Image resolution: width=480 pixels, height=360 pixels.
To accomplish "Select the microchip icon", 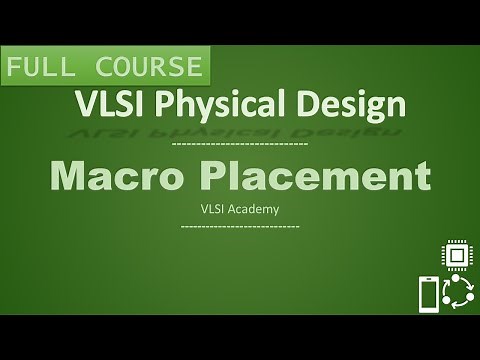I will [x=456, y=257].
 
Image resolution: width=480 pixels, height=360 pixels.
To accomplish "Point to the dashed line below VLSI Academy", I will [x=240, y=227].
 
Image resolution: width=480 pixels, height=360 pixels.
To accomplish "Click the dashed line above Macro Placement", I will [x=240, y=146].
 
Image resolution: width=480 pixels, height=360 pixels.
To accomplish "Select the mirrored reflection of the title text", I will [x=240, y=130].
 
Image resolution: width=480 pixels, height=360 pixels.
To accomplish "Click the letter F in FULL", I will [x=18, y=67].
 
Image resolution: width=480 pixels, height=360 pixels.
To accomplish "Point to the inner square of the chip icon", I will [x=456, y=257].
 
